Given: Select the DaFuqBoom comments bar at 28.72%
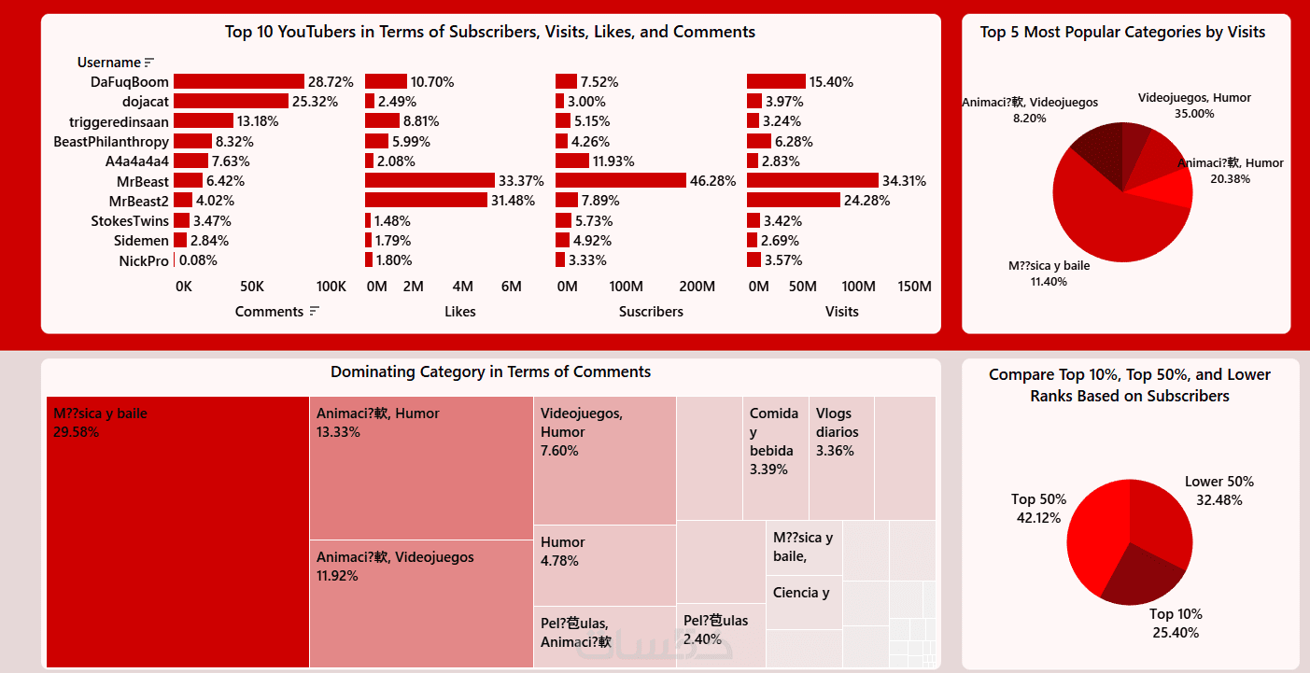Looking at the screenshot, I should (x=239, y=82).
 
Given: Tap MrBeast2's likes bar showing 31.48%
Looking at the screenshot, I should (x=426, y=200).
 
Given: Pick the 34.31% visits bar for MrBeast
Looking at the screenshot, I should (x=812, y=180).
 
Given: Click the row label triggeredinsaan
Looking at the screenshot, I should (x=119, y=121).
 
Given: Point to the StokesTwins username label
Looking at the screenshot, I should (x=130, y=220).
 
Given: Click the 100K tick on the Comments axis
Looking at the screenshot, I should (x=331, y=286).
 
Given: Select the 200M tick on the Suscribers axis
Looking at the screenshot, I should (x=697, y=286).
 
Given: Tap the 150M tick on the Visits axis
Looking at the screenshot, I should (x=914, y=286).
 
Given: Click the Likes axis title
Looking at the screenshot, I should (x=460, y=312).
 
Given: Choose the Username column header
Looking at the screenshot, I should (x=108, y=63).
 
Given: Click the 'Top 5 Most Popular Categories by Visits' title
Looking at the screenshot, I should (x=1122, y=32).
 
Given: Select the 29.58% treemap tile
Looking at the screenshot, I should (x=177, y=532).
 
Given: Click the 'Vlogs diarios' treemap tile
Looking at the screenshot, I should (x=841, y=457).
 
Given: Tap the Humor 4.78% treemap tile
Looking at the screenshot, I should (x=604, y=565).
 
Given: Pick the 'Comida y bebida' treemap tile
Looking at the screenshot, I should (x=775, y=457).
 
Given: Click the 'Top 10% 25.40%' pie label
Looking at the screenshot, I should (x=1176, y=623).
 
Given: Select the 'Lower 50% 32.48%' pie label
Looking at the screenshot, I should (x=1218, y=490).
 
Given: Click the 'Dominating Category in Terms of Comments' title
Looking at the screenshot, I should (x=490, y=372).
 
